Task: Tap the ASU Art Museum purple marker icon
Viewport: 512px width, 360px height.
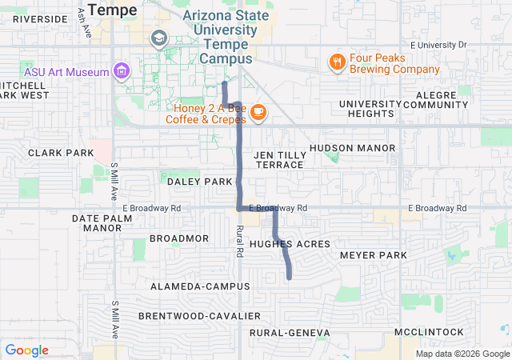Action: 121,71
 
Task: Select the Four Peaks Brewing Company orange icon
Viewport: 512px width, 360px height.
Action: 338,62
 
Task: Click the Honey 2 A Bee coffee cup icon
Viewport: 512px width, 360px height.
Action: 258,113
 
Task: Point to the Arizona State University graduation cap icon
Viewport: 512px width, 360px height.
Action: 158,38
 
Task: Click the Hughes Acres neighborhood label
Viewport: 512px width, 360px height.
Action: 290,243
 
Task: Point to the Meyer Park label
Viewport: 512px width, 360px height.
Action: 374,255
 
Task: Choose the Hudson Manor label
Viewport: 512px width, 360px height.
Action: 352,148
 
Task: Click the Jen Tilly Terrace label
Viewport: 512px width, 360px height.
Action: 278,159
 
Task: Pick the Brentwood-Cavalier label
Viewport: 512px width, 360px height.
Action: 199,316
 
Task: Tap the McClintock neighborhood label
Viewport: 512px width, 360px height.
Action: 429,331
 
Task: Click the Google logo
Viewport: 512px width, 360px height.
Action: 26,350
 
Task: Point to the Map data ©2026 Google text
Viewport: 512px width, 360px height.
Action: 462,354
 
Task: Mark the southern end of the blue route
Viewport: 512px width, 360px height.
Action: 289,278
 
